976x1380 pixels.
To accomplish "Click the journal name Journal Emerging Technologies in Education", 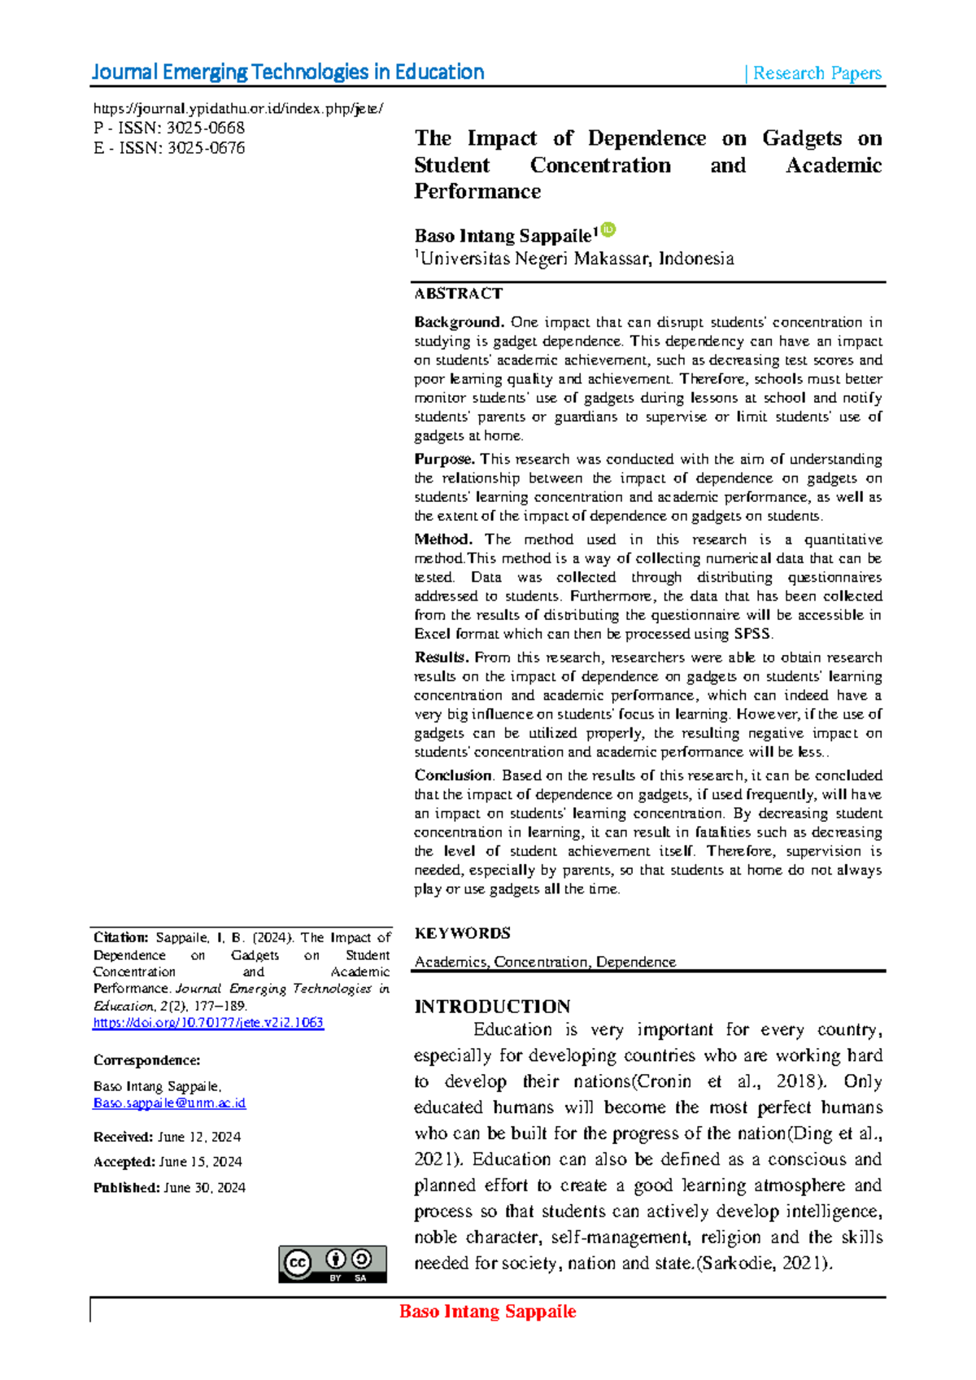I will pyautogui.click(x=288, y=72).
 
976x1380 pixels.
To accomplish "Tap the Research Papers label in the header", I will pyautogui.click(x=817, y=73).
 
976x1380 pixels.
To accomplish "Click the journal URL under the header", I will pyautogui.click(x=237, y=109).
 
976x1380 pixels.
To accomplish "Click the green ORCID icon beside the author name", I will pyautogui.click(x=608, y=230).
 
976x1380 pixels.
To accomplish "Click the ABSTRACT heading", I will pyautogui.click(x=458, y=294).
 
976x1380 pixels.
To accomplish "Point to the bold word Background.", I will pyautogui.click(x=459, y=322).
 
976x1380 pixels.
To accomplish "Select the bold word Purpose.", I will pyautogui.click(x=444, y=459).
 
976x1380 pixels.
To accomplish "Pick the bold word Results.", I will pyautogui.click(x=441, y=657).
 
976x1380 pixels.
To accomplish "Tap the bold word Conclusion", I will pyautogui.click(x=453, y=775).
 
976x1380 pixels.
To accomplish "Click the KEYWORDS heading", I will pyautogui.click(x=462, y=933).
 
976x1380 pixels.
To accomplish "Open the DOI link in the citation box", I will pyautogui.click(x=208, y=1023).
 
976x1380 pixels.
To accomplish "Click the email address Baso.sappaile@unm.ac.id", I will pyautogui.click(x=169, y=1103).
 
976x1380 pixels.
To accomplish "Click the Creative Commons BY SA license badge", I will pyautogui.click(x=332, y=1264).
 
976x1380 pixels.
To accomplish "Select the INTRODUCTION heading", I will pyautogui.click(x=492, y=1007).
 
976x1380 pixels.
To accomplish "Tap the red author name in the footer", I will pyautogui.click(x=487, y=1312).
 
